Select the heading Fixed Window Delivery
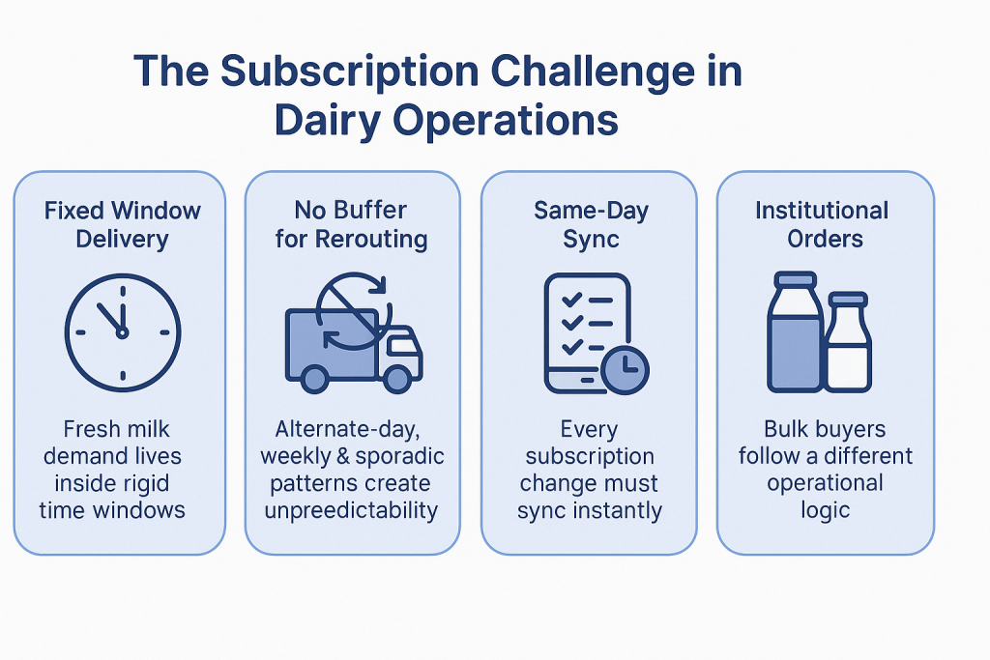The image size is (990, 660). click(122, 224)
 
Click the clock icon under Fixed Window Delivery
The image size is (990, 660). click(122, 331)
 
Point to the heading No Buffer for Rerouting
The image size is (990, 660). click(351, 224)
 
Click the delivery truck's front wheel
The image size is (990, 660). click(395, 378)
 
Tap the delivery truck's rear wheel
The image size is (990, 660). click(314, 378)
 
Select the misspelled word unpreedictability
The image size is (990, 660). click(351, 510)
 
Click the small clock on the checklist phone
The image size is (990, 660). click(624, 368)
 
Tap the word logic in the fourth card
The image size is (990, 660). click(825, 510)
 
